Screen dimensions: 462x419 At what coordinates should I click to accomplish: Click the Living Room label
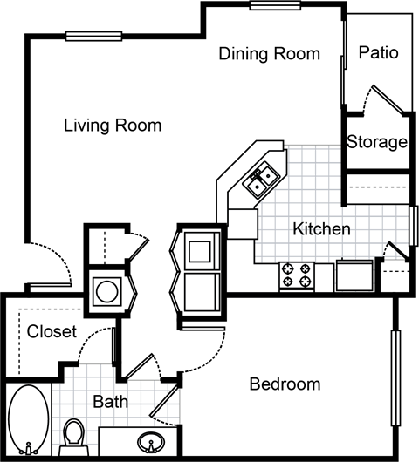coord(113,126)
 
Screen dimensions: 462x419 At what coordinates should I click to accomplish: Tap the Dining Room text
coord(269,54)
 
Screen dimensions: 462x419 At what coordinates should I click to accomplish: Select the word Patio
coord(378,53)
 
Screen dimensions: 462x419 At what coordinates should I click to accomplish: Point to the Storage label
coord(377,142)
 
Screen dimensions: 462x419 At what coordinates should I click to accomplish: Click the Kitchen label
coord(321,230)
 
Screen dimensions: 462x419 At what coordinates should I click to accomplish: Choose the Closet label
coord(51,332)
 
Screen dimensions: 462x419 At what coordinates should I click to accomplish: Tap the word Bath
coord(111,402)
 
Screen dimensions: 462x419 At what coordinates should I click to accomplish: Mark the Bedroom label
coord(285,384)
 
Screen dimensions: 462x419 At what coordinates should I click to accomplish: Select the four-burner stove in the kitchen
coord(296,276)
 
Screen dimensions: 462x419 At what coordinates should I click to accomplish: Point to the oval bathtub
coord(28,420)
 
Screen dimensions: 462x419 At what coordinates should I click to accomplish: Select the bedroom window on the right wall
coord(395,366)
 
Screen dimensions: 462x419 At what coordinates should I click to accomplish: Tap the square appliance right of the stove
coord(353,276)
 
